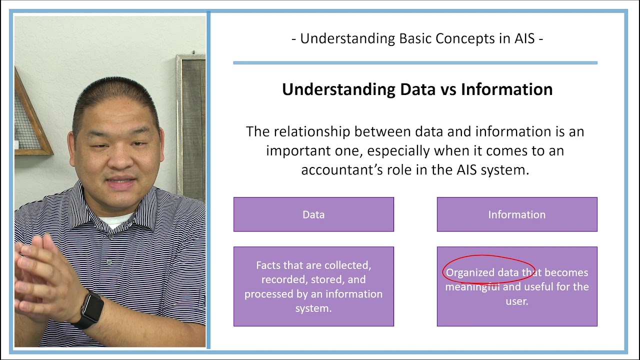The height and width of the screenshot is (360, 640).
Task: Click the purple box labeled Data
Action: click(x=313, y=214)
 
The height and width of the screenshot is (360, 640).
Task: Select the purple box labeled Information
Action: click(x=516, y=214)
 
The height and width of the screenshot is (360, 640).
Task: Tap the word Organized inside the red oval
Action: click(x=469, y=272)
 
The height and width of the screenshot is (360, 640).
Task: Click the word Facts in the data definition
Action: click(x=268, y=265)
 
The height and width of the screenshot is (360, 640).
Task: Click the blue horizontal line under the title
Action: click(x=415, y=63)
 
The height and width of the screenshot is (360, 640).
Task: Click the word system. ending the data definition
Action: click(x=313, y=308)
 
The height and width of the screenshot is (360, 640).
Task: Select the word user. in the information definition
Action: click(x=517, y=301)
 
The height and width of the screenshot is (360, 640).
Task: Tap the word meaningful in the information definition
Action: click(x=472, y=287)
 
